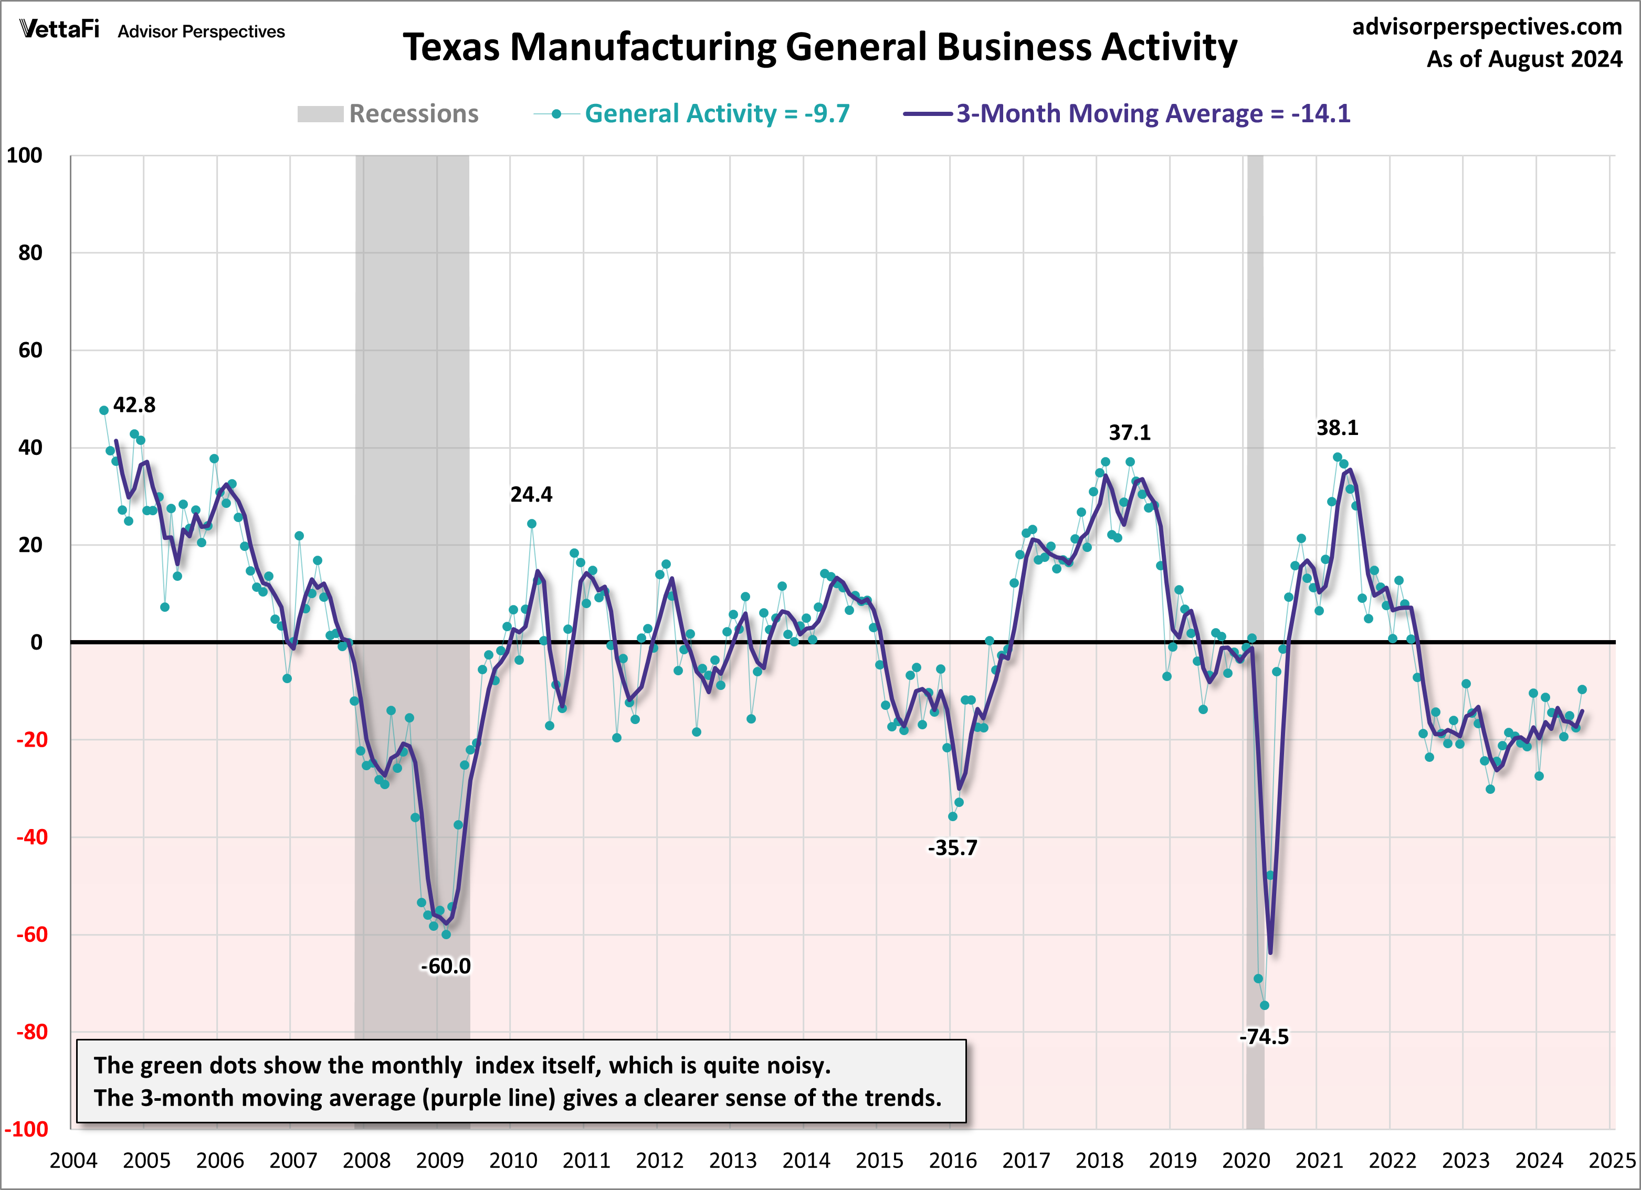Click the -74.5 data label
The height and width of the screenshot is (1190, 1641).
tap(1264, 1037)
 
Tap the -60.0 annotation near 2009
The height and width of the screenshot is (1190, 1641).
tap(445, 966)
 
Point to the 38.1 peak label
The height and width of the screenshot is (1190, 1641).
tap(1337, 428)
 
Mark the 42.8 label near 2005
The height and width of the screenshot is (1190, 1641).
tap(134, 405)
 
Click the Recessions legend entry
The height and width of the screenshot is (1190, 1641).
tap(413, 113)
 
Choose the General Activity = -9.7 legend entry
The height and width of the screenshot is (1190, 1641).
tap(717, 113)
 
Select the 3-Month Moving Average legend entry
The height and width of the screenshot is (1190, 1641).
tap(1153, 113)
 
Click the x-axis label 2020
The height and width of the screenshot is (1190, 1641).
tap(1246, 1160)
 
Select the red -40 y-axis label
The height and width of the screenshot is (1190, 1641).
tap(32, 837)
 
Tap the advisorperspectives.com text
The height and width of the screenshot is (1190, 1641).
tap(1487, 27)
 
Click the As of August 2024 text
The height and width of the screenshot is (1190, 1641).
tap(1524, 59)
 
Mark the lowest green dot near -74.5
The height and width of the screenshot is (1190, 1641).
tap(1264, 1005)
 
